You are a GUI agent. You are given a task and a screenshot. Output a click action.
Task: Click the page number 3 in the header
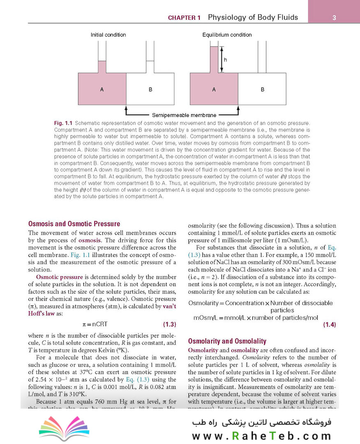(334, 18)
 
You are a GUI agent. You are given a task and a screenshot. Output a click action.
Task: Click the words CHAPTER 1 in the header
(185, 18)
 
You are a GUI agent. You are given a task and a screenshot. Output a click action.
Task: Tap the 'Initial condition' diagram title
(108, 35)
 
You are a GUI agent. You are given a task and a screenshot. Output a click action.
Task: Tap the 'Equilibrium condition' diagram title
(227, 35)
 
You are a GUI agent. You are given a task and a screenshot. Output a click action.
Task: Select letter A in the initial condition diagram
(102, 89)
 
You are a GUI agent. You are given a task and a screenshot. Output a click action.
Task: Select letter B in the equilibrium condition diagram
(262, 89)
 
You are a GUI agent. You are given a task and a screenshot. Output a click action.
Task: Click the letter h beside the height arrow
(225, 60)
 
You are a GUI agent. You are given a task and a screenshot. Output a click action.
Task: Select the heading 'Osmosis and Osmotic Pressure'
(74, 224)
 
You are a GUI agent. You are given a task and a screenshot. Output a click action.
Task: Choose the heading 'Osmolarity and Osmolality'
(227, 341)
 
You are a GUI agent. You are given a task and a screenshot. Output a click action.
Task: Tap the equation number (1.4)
(329, 325)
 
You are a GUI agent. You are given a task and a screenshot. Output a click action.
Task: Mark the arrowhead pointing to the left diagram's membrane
(126, 108)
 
